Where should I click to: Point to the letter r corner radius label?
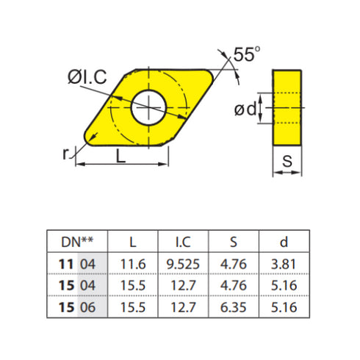coord(67,151)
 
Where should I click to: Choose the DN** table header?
coord(77,241)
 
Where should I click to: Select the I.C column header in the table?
coord(183,241)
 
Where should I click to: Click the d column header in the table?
coord(283,241)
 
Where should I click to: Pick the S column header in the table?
coord(234,241)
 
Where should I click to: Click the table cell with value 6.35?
coord(234,306)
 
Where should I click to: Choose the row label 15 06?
coord(77,306)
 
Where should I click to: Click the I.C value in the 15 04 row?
coord(183,284)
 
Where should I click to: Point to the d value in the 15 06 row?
coord(283,306)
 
